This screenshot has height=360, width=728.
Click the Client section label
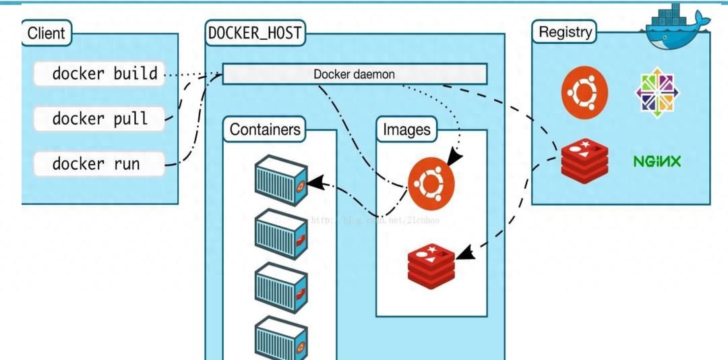pos(47,32)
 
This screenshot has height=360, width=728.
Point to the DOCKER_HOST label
pos(255,32)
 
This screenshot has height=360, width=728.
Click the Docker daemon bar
pos(355,74)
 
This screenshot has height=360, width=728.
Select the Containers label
pos(264,129)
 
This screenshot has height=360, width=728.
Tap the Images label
pos(406,129)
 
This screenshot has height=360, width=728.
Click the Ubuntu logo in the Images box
pos(431,182)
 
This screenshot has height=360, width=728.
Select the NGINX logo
pos(657,162)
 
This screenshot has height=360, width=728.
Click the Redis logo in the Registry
pos(584,160)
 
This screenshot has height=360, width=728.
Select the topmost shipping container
pos(281,179)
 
